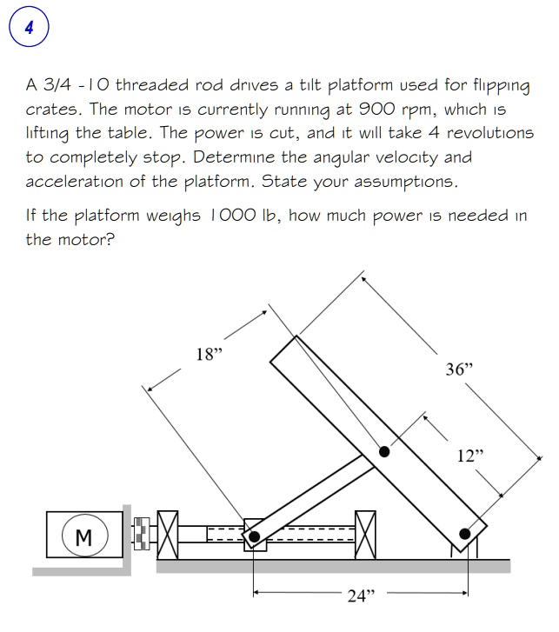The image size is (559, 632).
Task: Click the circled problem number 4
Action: (30, 29)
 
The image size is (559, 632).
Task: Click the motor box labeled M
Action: (84, 534)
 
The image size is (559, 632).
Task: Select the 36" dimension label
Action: (458, 369)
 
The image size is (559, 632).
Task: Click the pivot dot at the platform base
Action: (466, 533)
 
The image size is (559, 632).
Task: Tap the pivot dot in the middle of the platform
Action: (383, 451)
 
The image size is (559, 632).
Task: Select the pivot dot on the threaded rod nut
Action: (253, 537)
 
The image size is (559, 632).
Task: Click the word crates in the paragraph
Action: (51, 110)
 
